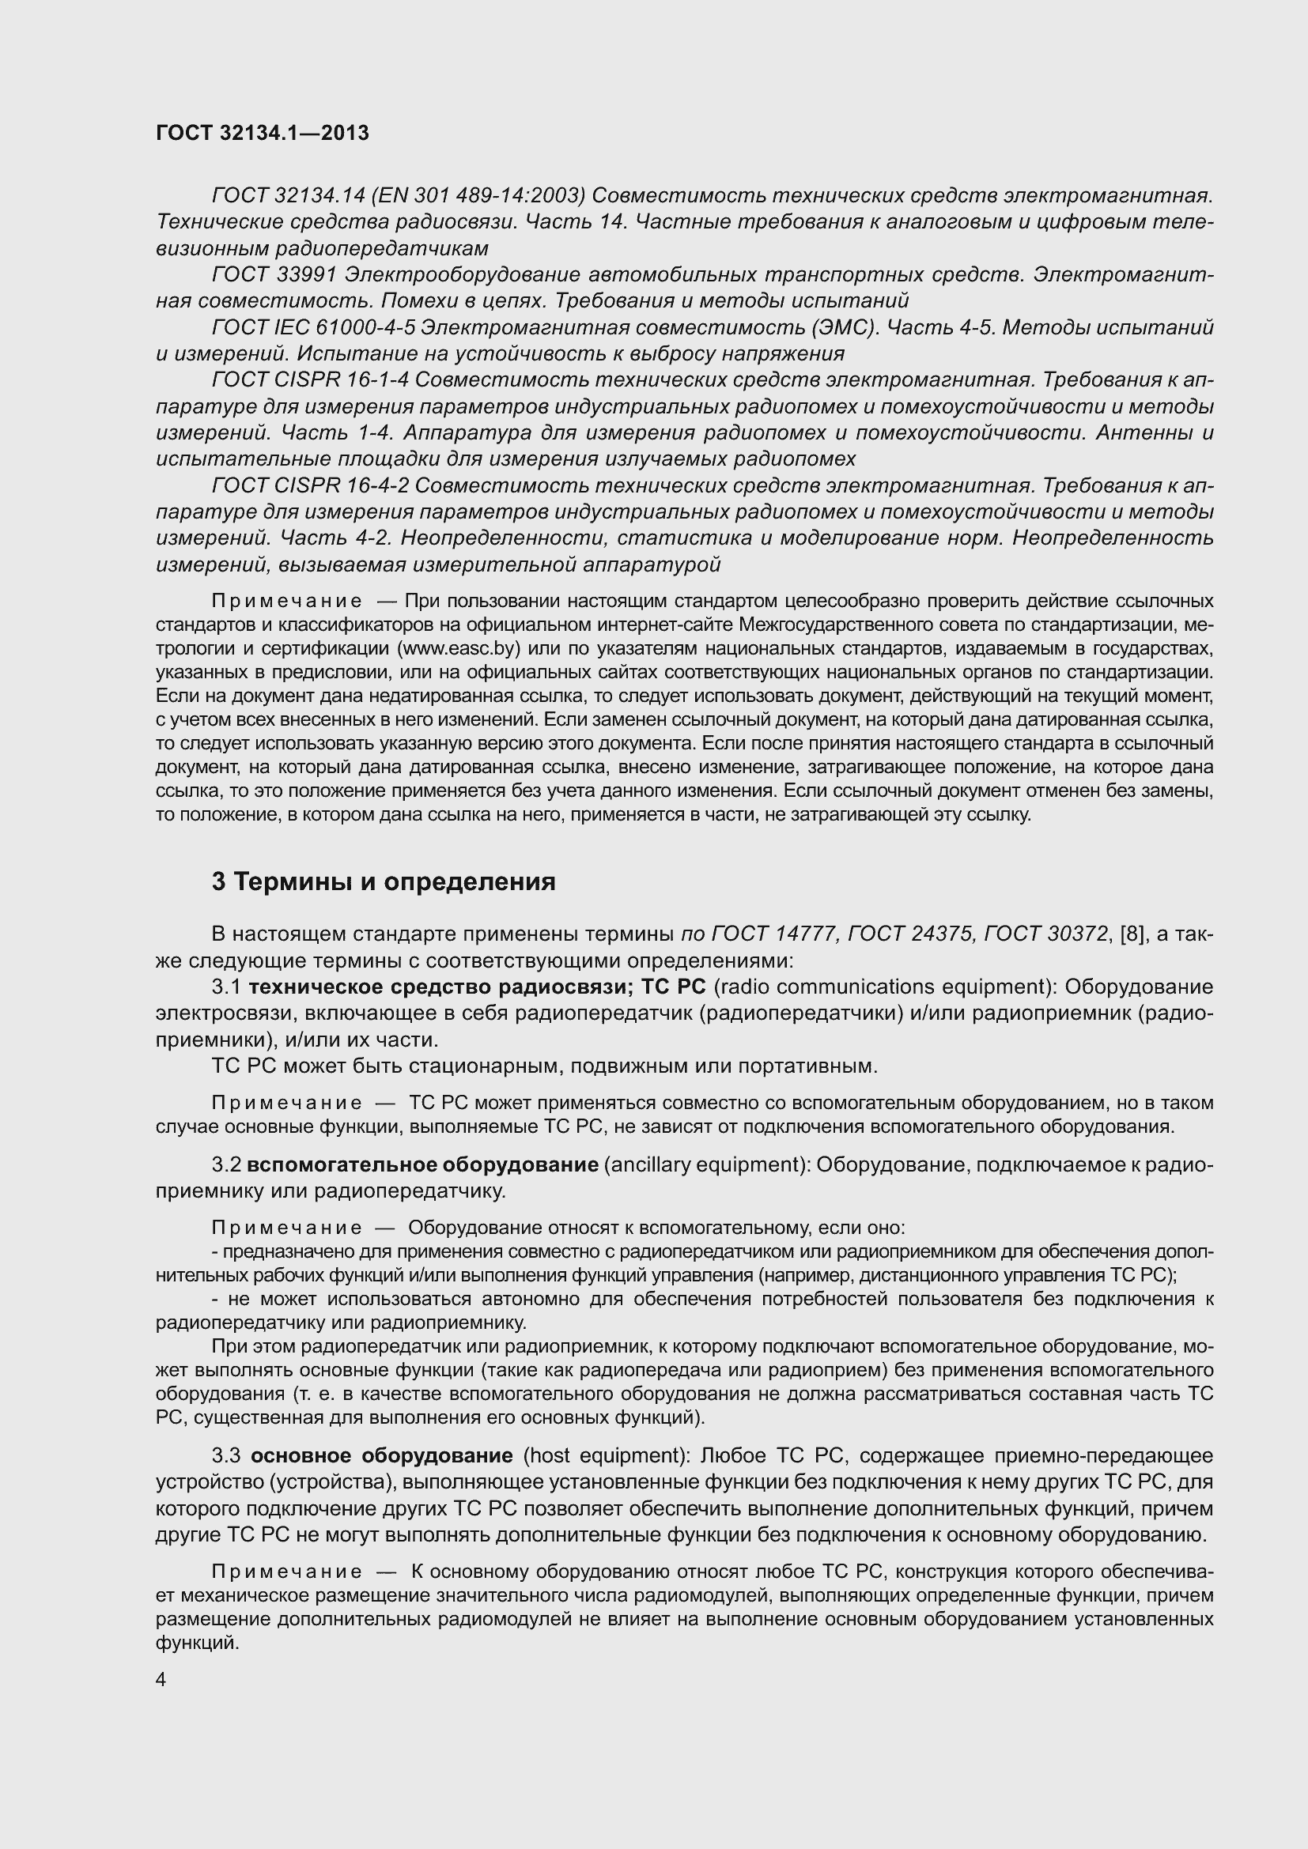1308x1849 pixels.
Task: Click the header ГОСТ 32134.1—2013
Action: tap(263, 133)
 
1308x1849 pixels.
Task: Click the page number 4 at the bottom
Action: tap(161, 1680)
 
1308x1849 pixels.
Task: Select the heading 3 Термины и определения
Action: tap(384, 882)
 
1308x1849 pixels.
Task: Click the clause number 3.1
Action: tap(226, 987)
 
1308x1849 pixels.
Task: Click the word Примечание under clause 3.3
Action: tap(286, 1572)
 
